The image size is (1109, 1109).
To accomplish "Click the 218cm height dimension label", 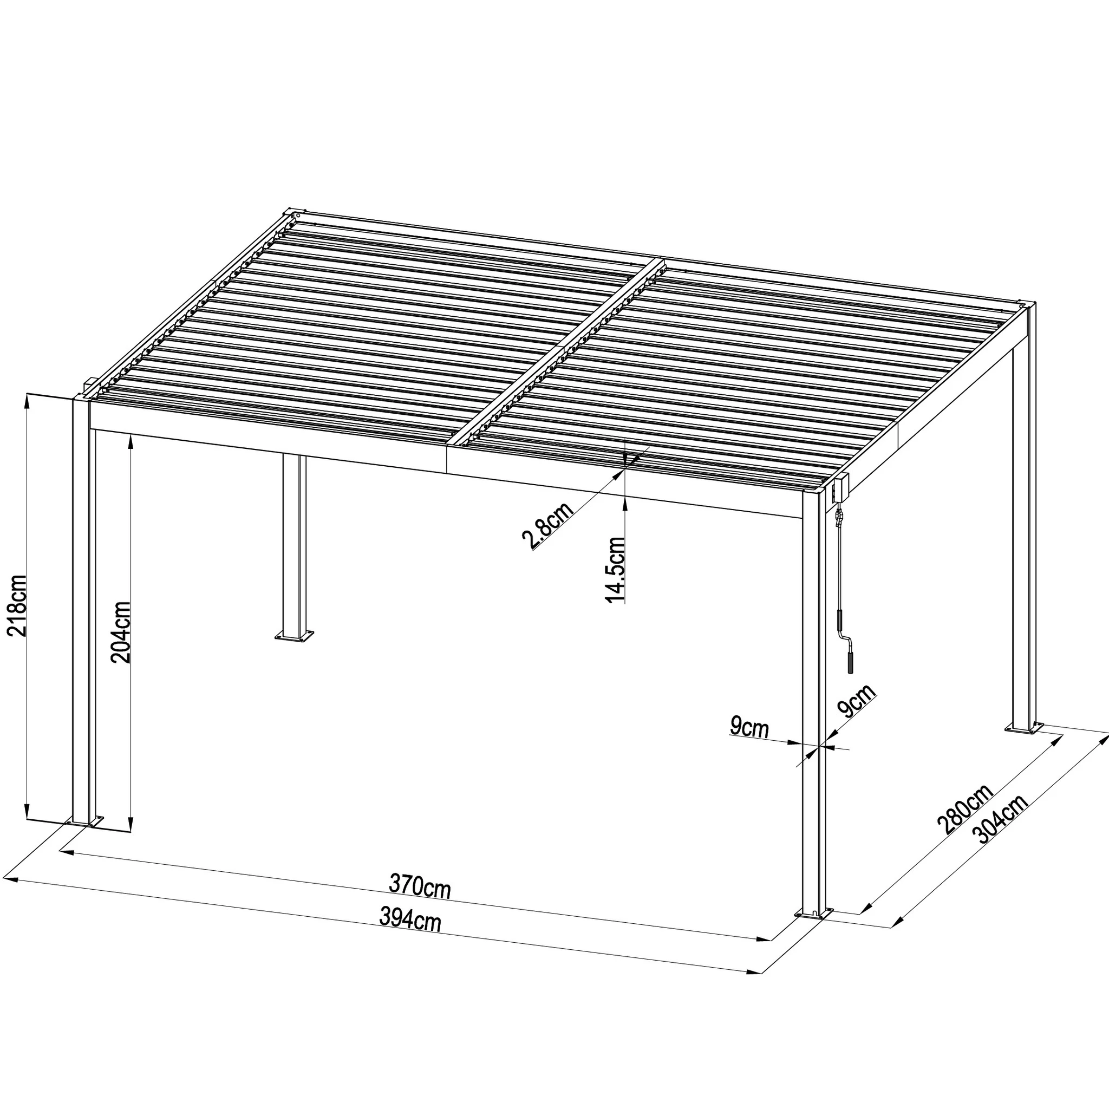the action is coord(16,606).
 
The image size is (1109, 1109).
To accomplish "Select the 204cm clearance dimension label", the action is coord(121,632).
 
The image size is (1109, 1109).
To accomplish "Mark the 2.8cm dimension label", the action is coord(547,526).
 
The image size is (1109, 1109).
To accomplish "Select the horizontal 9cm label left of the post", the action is coord(749,727).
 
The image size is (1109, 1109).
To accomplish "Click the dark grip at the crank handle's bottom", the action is coord(850,661).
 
